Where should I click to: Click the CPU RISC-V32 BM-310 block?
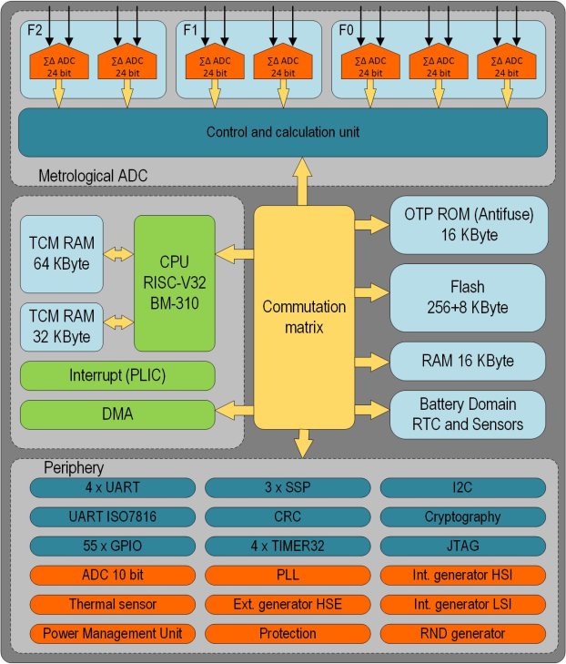pos(175,283)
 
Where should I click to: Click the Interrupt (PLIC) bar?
pos(117,376)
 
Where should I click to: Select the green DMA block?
pos(117,414)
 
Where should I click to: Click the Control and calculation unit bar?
pos(283,132)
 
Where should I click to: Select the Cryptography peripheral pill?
pos(462,516)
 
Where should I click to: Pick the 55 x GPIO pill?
pos(112,546)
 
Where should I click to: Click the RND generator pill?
pos(462,633)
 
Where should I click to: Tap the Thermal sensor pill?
pos(112,604)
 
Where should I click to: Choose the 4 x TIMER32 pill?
pos(287,546)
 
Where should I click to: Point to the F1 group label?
pos(190,29)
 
